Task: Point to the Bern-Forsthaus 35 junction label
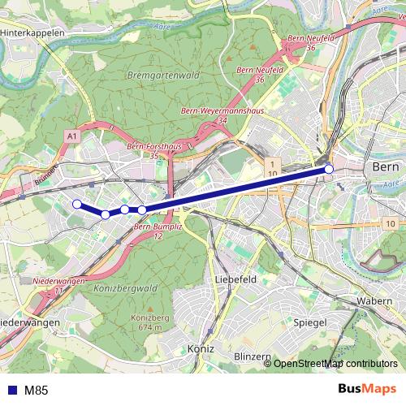click(154, 151)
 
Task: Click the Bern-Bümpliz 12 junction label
click(153, 231)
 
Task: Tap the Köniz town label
click(199, 348)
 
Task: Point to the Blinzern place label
click(251, 356)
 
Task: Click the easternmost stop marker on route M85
click(329, 169)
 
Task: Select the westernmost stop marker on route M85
click(77, 205)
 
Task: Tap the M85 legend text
click(36, 391)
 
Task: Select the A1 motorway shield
click(72, 138)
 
